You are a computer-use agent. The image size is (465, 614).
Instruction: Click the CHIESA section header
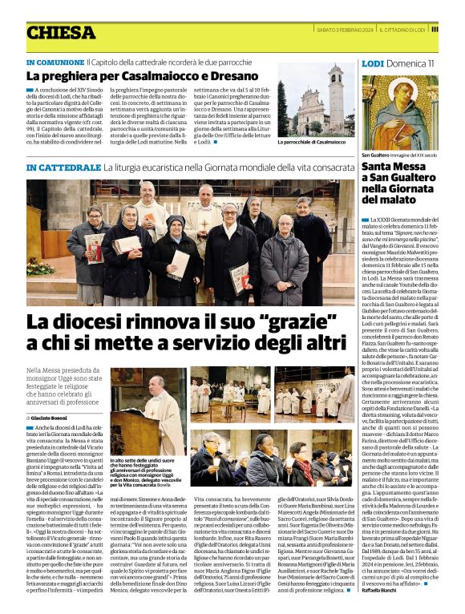click(61, 32)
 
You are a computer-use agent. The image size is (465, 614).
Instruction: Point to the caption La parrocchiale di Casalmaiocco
click(312, 142)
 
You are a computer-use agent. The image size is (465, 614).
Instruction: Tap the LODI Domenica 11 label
click(398, 63)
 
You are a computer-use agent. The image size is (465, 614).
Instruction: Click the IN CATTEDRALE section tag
click(63, 168)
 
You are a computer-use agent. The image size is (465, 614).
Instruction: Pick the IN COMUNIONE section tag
click(55, 62)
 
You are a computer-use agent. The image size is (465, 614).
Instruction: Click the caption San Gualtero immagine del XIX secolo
click(399, 154)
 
